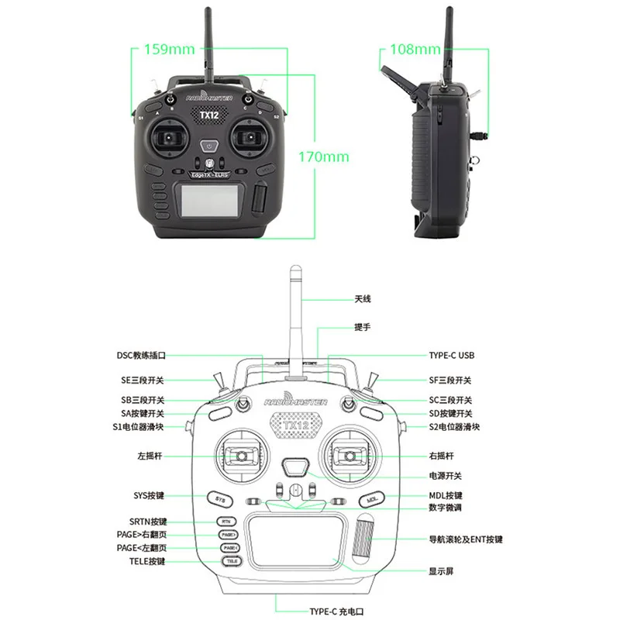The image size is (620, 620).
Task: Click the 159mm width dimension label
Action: pos(170,50)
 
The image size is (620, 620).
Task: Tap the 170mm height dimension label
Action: pos(324,157)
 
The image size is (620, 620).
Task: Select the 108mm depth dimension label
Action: pos(415,50)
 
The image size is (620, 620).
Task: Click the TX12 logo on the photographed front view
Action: pos(210,115)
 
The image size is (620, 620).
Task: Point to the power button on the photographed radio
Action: pos(210,145)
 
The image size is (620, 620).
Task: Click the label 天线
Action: pos(363,298)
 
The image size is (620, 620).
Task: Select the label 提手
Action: pos(363,327)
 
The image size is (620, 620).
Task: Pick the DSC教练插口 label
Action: pos(141,356)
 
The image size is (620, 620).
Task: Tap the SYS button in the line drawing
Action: pos(220,500)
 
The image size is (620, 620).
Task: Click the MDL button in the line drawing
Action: pos(370,500)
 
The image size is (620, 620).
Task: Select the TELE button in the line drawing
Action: pos(230,560)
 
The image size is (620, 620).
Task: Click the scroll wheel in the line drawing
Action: pos(363,540)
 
